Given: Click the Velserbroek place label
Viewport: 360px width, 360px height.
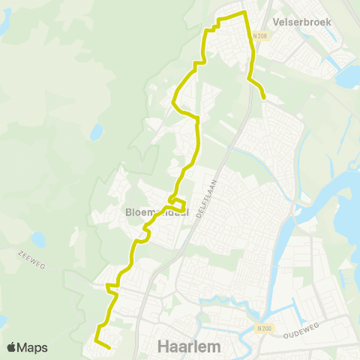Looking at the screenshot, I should [304, 22].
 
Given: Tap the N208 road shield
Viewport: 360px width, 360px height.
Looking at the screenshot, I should [260, 35].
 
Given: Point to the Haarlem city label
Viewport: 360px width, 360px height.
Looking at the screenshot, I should [188, 346].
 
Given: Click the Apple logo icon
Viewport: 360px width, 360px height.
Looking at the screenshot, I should [12, 347].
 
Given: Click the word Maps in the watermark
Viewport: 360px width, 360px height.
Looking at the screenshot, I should [33, 347].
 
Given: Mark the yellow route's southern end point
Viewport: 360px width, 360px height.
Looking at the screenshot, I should [109, 347].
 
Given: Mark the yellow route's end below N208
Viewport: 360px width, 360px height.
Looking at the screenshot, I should [264, 97].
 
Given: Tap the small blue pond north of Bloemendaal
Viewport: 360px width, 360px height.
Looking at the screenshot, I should [96, 133].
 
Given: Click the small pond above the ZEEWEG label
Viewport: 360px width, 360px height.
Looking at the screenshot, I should [37, 240].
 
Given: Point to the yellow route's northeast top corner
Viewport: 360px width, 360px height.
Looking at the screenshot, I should [245, 13].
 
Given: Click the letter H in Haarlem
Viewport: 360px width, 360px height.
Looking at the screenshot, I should [164, 346].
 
